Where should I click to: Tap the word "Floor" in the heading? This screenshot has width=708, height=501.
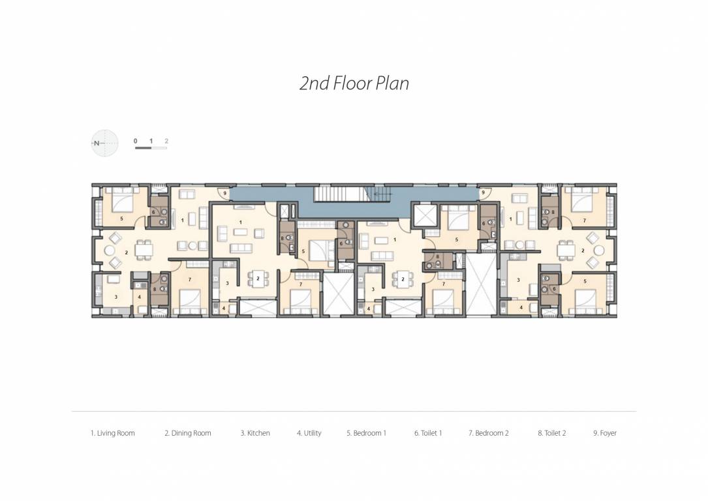(352, 83)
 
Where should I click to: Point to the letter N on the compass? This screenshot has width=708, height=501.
(97, 143)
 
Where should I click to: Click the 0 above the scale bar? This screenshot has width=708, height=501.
(136, 141)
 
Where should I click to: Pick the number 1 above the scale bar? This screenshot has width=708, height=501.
(151, 141)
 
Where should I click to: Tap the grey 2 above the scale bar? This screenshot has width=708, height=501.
(166, 141)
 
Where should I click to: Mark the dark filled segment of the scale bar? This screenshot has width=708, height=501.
(143, 148)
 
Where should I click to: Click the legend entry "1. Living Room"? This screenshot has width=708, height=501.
(113, 433)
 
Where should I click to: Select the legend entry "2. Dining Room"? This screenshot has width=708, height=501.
(188, 433)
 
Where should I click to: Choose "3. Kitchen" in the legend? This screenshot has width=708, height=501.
(255, 433)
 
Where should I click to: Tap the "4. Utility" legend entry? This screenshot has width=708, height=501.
(309, 433)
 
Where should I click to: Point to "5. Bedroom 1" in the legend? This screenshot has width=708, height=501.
(367, 433)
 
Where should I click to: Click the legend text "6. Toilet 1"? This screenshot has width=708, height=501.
(428, 433)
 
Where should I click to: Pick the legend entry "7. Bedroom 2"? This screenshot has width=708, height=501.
(489, 433)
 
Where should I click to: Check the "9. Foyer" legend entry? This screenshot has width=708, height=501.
(605, 433)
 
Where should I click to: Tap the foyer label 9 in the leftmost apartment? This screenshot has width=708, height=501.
(224, 193)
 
